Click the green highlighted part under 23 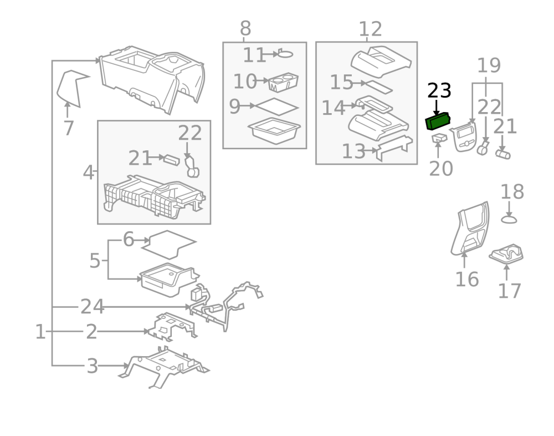pyautogui.click(x=437, y=121)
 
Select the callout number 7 pyautogui.click(x=68, y=129)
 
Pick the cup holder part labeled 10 pyautogui.click(x=283, y=82)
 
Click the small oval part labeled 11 pyautogui.click(x=284, y=54)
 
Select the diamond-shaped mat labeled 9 pyautogui.click(x=278, y=106)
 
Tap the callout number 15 pyautogui.click(x=342, y=83)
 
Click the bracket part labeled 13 pyautogui.click(x=394, y=147)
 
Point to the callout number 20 pyautogui.click(x=441, y=168)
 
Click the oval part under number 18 pyautogui.click(x=509, y=220)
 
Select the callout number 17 pyautogui.click(x=509, y=291)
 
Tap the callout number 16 pyautogui.click(x=467, y=279)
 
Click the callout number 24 pyautogui.click(x=93, y=306)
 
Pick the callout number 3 pyautogui.click(x=93, y=366)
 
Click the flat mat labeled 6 pyautogui.click(x=169, y=243)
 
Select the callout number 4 pyautogui.click(x=89, y=173)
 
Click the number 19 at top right pyautogui.click(x=489, y=65)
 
